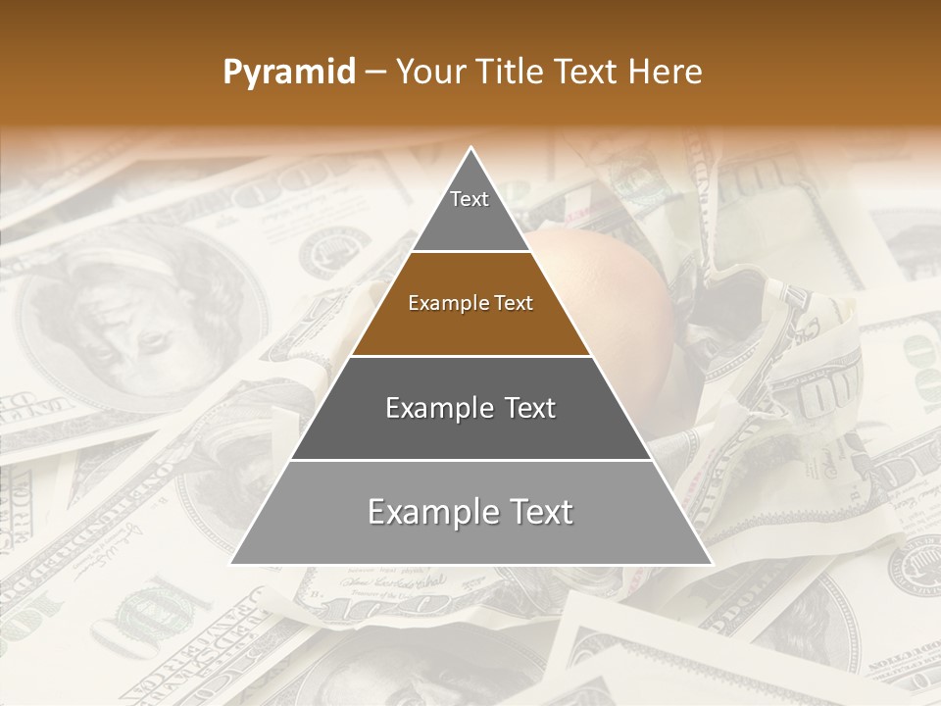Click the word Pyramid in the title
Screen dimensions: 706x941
(x=288, y=73)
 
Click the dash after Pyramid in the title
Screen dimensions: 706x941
(x=374, y=73)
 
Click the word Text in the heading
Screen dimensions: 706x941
(x=591, y=73)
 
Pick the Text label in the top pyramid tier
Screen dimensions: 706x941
(x=470, y=199)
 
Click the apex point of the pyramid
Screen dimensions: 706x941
(x=471, y=148)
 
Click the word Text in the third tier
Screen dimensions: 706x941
(x=525, y=408)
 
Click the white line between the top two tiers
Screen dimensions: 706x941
(x=471, y=252)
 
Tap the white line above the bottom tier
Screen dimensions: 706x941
(x=471, y=460)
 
